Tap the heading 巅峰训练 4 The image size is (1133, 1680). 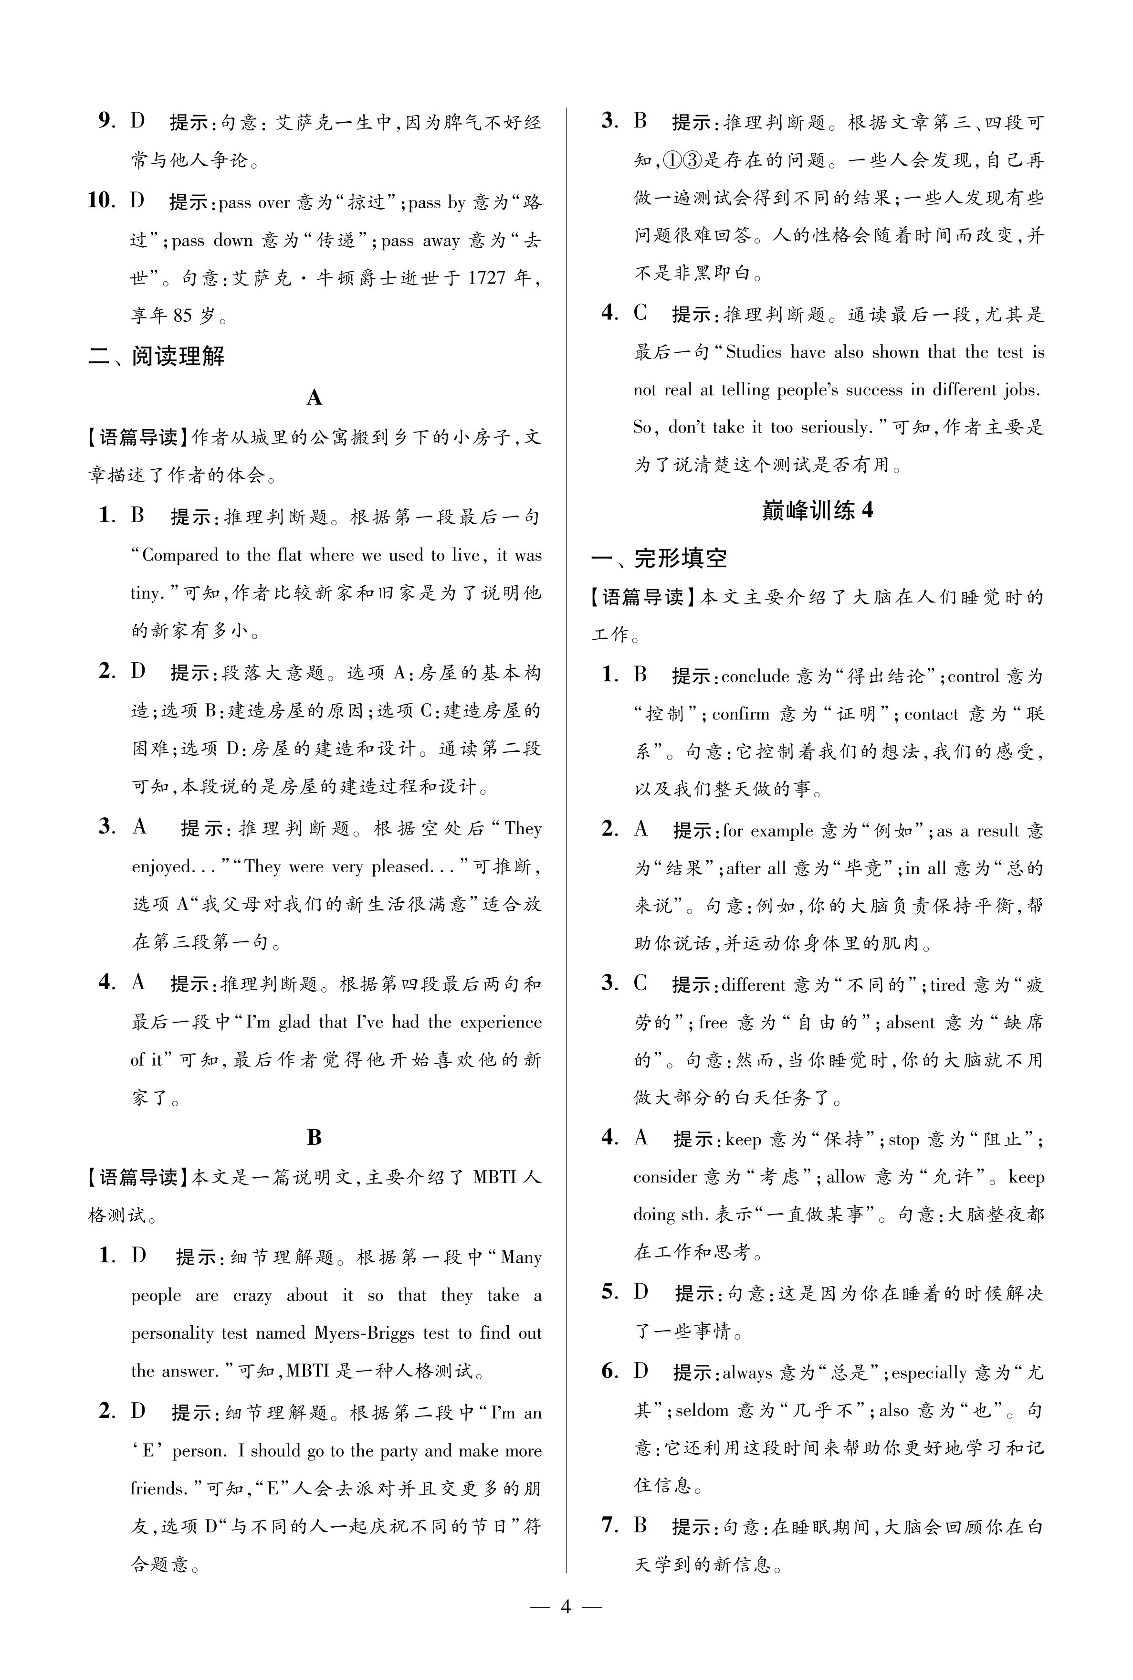pos(817,510)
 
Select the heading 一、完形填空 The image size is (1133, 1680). pos(659,558)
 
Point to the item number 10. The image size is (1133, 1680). pos(101,201)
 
